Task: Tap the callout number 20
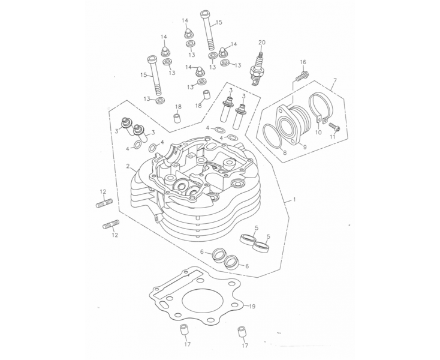261,43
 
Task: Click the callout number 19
252,307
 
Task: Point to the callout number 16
303,62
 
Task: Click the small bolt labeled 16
302,76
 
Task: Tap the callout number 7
334,80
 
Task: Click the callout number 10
318,132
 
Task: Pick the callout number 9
305,146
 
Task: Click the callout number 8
285,154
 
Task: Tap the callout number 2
128,166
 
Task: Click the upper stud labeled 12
104,203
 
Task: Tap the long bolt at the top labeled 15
208,31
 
